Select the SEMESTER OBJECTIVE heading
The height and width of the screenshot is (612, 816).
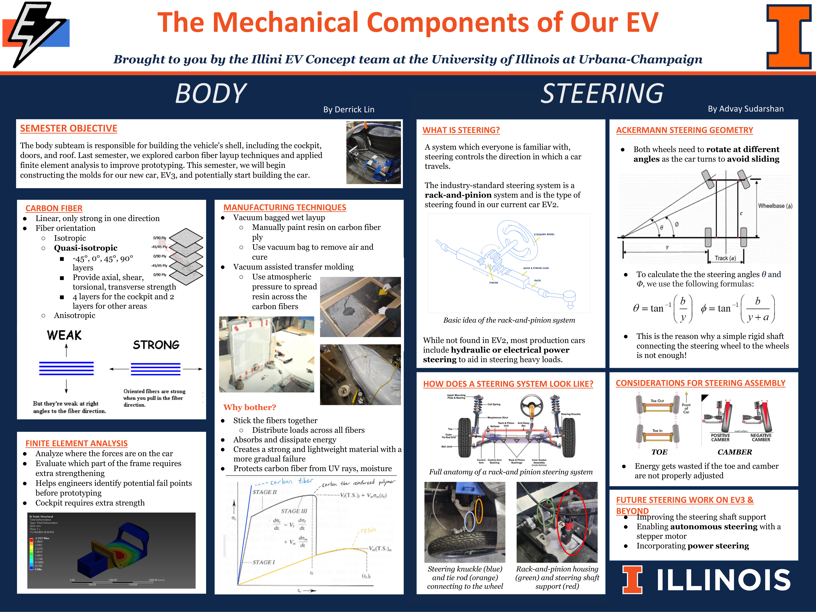point(69,128)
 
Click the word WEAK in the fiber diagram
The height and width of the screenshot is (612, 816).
point(64,335)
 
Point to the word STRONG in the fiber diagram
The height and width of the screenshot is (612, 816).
point(156,345)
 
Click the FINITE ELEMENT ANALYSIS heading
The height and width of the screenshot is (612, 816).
point(76,443)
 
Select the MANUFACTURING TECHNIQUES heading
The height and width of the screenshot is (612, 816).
point(285,207)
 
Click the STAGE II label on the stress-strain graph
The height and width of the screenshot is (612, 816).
point(264,492)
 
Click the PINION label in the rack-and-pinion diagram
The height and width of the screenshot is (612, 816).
point(494,283)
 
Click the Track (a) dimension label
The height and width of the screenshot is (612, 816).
point(725,258)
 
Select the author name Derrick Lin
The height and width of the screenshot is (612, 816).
point(349,110)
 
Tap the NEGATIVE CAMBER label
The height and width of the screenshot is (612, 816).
point(761,437)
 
